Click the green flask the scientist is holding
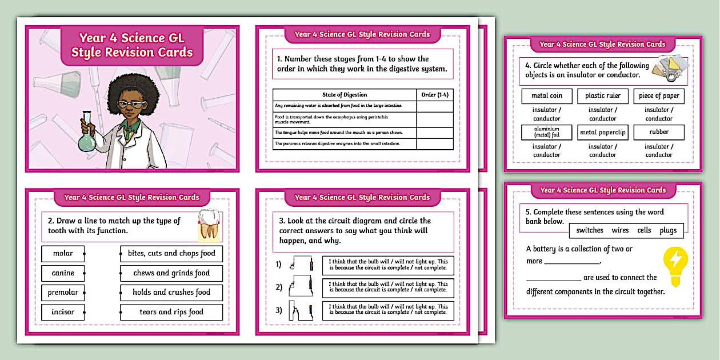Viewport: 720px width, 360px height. (87, 138)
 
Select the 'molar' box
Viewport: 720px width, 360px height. (63, 254)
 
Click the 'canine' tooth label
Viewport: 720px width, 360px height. (63, 273)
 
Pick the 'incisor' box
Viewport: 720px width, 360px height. (63, 312)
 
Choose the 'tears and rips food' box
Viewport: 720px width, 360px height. (171, 312)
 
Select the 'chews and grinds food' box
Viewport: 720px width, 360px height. (171, 273)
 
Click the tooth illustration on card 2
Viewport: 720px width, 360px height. (209, 225)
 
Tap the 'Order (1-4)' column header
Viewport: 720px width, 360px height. (435, 95)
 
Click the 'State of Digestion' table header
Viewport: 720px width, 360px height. (345, 95)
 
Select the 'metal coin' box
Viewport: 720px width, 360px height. (547, 96)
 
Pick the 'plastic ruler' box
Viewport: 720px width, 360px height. (602, 96)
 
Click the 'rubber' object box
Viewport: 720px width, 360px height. (658, 132)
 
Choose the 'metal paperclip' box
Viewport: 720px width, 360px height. (602, 133)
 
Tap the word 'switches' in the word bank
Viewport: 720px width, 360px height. (590, 230)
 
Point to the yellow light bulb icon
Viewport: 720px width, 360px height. (675, 264)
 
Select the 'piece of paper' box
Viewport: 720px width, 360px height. (658, 96)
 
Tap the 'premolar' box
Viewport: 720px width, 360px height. (63, 293)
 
